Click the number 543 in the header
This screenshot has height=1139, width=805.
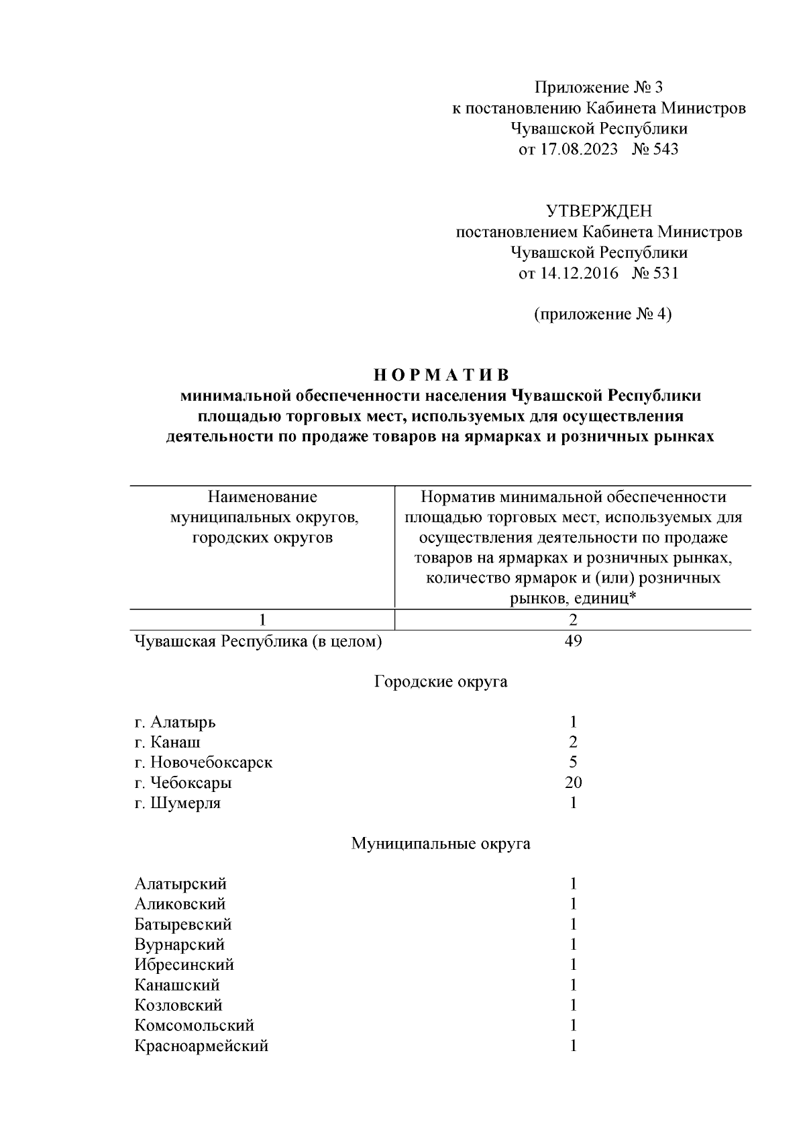point(664,149)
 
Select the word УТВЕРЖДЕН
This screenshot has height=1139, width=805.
point(598,212)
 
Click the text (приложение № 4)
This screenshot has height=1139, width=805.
point(602,314)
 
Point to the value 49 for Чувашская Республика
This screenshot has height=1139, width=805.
point(573,641)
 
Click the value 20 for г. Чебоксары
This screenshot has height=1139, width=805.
point(573,782)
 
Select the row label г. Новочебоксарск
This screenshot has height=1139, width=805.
point(203,762)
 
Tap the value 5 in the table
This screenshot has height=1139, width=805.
point(573,762)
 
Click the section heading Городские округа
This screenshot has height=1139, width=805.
point(440,682)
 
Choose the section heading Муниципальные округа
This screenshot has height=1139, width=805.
point(440,843)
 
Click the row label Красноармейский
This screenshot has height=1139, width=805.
point(201,1046)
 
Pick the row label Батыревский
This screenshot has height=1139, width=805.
point(183,924)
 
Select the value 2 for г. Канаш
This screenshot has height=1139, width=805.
point(573,742)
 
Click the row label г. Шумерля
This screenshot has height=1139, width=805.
point(177,803)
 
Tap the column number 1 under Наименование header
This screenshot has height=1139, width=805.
point(262,620)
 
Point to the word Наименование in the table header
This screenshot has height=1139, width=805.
point(262,497)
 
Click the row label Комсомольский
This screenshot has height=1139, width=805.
point(194,1026)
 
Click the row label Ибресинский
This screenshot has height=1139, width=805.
point(184,964)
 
